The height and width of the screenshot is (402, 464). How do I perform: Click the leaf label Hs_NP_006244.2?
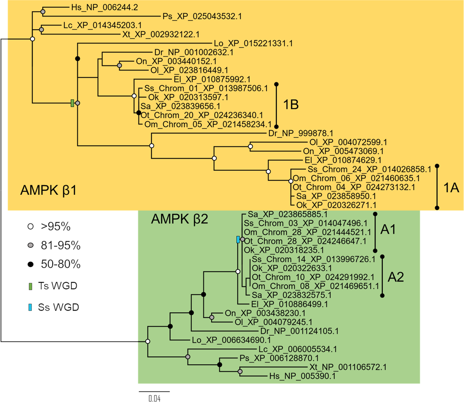(x=104, y=7)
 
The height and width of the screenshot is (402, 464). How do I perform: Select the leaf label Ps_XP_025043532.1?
(x=202, y=16)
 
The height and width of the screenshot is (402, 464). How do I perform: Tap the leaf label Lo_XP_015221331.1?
(x=253, y=43)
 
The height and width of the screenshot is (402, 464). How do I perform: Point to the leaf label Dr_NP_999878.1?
(x=301, y=133)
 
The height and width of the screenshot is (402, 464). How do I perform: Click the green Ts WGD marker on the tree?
(x=72, y=103)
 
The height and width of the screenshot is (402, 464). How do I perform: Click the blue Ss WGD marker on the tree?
(x=238, y=240)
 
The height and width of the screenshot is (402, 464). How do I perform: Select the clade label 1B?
(x=291, y=105)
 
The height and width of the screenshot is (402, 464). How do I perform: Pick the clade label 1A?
(x=451, y=188)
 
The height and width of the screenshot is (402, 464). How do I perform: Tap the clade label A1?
(x=388, y=230)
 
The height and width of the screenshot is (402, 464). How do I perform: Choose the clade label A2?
(x=396, y=277)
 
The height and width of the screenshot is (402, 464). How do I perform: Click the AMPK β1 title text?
(x=48, y=191)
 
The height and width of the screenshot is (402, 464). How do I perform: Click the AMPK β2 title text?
(x=179, y=219)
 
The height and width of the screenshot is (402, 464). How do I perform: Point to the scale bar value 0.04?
(x=154, y=398)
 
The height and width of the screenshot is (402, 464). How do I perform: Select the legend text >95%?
(x=56, y=226)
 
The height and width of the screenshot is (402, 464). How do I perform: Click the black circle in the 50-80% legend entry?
(x=31, y=265)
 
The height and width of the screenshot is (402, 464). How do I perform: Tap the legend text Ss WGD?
(x=58, y=307)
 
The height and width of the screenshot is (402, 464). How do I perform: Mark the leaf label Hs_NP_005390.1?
(x=302, y=376)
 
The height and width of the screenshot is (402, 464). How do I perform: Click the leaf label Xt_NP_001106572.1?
(x=348, y=367)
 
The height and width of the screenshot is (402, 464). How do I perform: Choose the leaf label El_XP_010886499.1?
(x=289, y=304)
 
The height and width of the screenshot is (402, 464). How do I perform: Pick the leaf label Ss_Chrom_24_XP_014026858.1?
(x=369, y=169)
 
